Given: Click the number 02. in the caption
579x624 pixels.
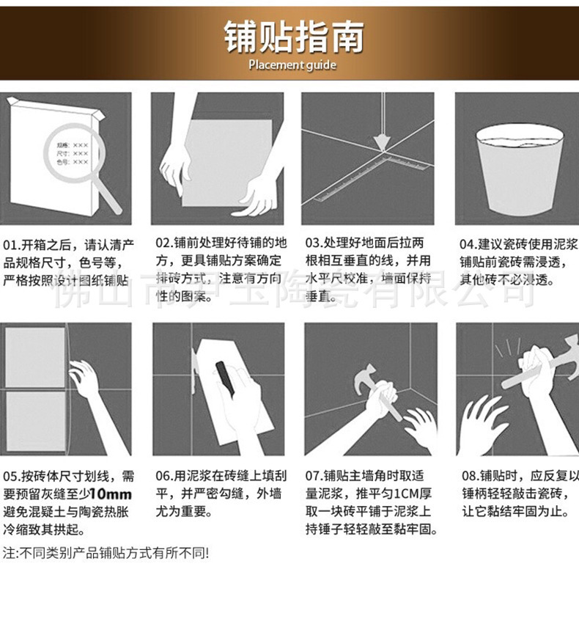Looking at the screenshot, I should point(163,243).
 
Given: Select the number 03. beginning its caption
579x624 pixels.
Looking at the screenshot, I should point(314,243).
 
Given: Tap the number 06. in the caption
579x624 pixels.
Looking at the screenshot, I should point(163,476).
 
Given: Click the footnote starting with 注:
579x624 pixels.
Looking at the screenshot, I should point(106,552).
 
